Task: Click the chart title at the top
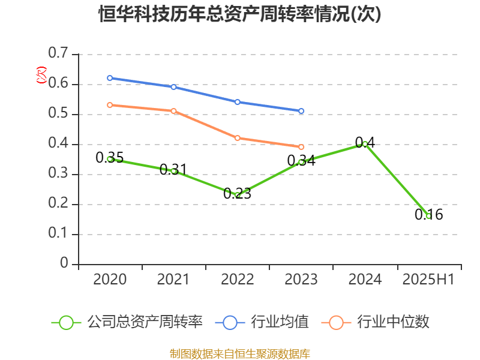pyautogui.click(x=240, y=14)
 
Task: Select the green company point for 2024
pyautogui.click(x=365, y=144)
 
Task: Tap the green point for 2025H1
pyautogui.click(x=428, y=216)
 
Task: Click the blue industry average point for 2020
pyautogui.click(x=110, y=78)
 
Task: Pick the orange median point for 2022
pyautogui.click(x=238, y=138)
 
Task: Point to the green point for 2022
pyautogui.click(x=238, y=195)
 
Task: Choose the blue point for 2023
pyautogui.click(x=301, y=111)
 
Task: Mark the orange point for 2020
pyautogui.click(x=110, y=105)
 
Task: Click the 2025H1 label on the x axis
pyautogui.click(x=428, y=280)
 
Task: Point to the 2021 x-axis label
pyautogui.click(x=173, y=280)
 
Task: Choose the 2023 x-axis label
pyautogui.click(x=301, y=280)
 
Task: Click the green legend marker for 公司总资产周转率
pyautogui.click(x=66, y=322)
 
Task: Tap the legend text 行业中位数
pyautogui.click(x=393, y=322)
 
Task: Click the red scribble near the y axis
pyautogui.click(x=41, y=75)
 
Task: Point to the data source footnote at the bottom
pyautogui.click(x=240, y=353)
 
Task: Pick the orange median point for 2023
pyautogui.click(x=301, y=147)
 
